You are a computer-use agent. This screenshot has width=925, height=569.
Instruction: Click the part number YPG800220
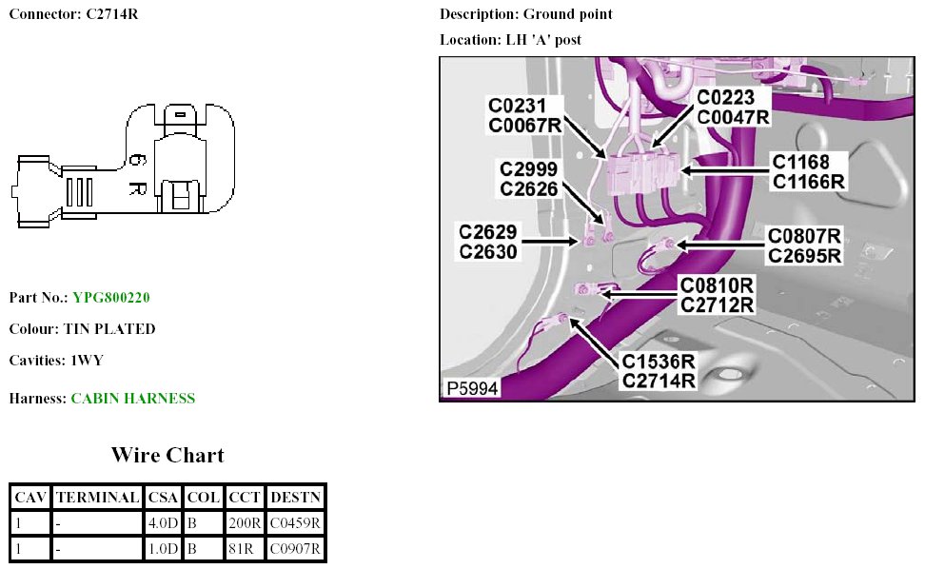tap(110, 298)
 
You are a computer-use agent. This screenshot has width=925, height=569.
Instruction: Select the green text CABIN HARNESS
tap(132, 399)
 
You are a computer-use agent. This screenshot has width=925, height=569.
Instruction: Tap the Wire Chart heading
tap(167, 455)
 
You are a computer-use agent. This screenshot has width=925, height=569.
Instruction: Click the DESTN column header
tap(295, 497)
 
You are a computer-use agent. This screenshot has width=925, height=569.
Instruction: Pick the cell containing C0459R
tap(295, 522)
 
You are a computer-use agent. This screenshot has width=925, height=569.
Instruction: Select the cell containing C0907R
tap(295, 548)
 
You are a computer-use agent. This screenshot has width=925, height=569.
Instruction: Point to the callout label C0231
tap(518, 105)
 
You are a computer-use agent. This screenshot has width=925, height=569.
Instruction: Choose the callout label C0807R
tap(804, 236)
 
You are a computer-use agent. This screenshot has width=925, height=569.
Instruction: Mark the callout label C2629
tap(488, 232)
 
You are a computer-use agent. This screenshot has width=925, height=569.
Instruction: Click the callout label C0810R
tap(717, 285)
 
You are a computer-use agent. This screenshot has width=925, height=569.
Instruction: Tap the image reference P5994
tap(470, 389)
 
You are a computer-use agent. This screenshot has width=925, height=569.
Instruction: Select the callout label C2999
tap(529, 169)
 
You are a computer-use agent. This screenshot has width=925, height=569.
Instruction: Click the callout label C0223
tap(726, 98)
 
